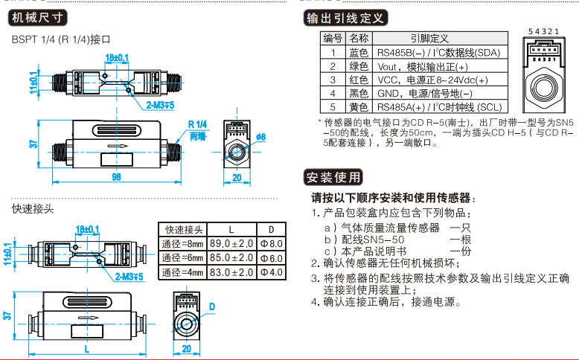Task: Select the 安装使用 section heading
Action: (334, 177)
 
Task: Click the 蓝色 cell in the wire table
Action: (358, 52)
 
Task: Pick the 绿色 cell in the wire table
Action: (358, 66)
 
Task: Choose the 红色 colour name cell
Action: (358, 80)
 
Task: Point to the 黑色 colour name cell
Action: (358, 93)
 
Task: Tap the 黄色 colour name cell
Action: (358, 106)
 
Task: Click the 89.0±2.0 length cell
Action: (231, 243)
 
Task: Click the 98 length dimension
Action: (115, 176)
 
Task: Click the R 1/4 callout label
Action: (198, 123)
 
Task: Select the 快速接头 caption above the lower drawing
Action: (32, 209)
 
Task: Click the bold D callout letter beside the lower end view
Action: (212, 306)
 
